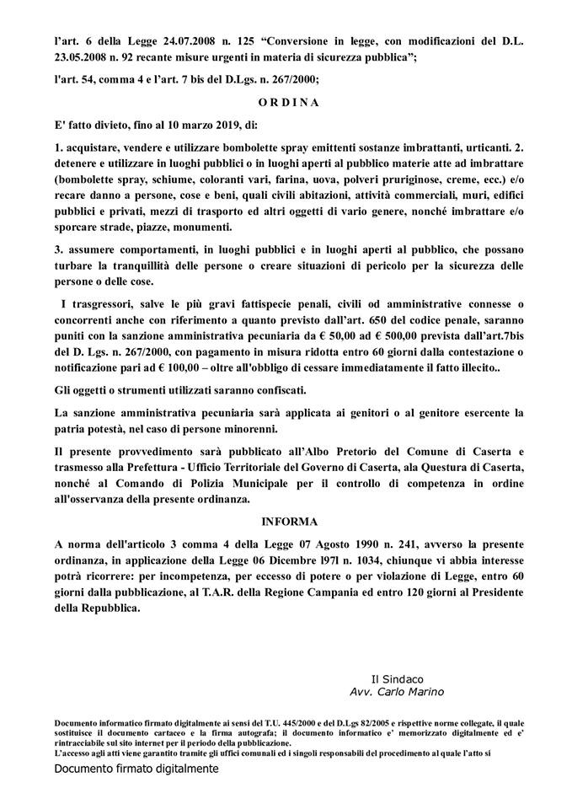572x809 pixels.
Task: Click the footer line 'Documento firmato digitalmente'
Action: coord(136,769)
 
